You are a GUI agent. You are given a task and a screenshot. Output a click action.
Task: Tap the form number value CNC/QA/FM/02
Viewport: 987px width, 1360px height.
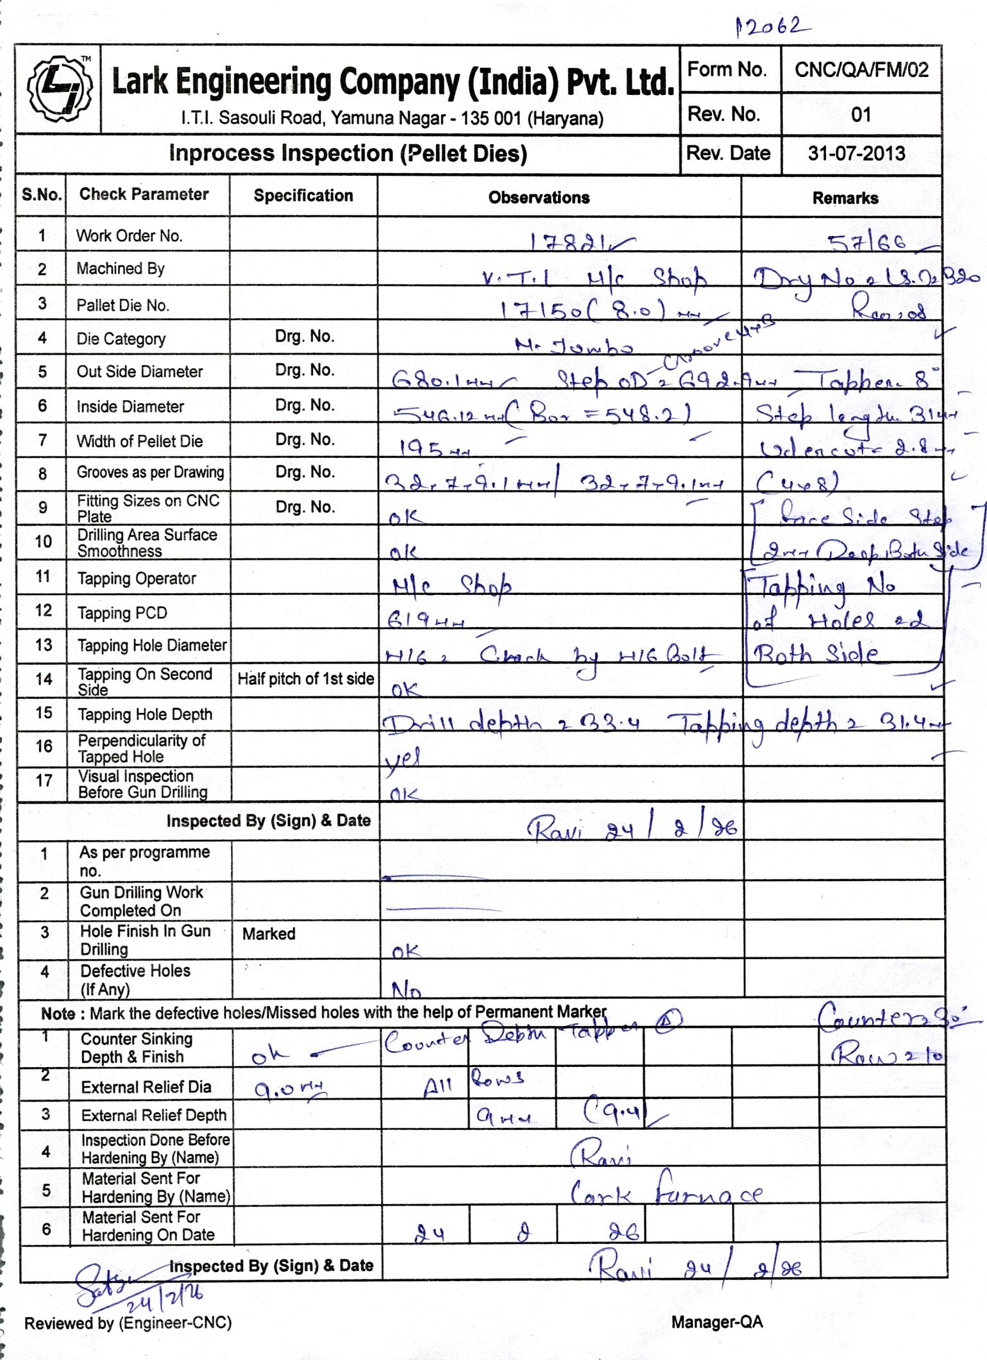click(861, 69)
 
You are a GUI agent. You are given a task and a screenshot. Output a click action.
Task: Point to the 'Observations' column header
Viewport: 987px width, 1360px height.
click(539, 197)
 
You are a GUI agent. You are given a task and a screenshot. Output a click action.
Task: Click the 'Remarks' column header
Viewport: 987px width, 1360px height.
click(845, 198)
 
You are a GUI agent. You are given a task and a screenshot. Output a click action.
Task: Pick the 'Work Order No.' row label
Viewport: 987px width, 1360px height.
click(130, 236)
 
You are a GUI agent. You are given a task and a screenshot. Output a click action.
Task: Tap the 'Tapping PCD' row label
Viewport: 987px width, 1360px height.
click(122, 613)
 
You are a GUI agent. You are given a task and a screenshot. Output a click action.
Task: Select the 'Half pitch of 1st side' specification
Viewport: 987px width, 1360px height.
click(305, 679)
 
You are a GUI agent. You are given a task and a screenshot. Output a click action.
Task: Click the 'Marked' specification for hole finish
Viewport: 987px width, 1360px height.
click(269, 934)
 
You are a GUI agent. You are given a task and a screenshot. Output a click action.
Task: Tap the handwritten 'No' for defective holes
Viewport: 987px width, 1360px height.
click(406, 991)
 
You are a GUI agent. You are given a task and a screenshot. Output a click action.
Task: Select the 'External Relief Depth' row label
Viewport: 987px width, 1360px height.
click(153, 1115)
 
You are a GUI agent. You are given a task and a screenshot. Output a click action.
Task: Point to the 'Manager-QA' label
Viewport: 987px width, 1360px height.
click(717, 1322)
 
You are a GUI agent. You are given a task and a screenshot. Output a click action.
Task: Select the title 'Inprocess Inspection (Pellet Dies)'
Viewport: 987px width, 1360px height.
click(348, 154)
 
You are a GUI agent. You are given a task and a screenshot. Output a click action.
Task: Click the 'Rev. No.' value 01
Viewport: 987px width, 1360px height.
click(861, 115)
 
